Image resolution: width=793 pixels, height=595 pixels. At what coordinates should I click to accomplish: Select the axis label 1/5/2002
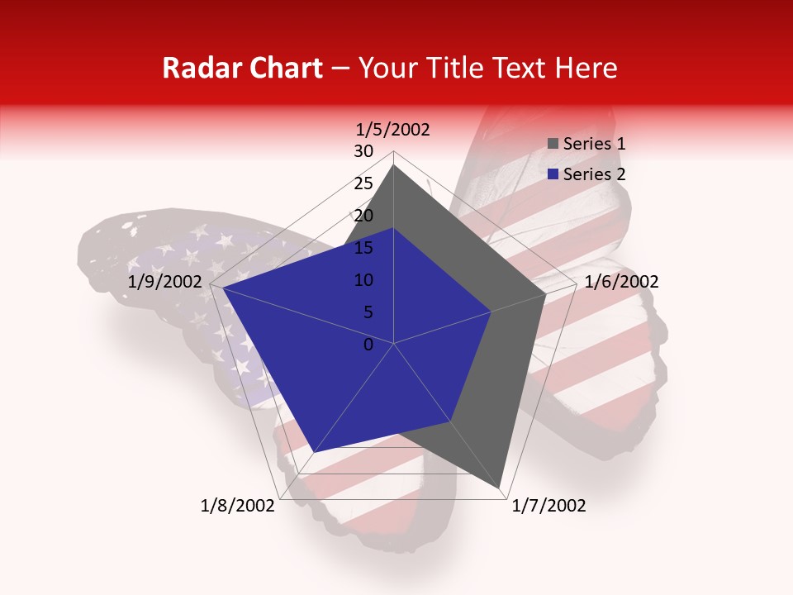(393, 129)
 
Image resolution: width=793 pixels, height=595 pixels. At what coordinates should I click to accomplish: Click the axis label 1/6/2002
(621, 282)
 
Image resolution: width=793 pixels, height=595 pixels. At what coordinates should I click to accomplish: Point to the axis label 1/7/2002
(548, 506)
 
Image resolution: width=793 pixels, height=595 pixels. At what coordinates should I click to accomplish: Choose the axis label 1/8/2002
(238, 506)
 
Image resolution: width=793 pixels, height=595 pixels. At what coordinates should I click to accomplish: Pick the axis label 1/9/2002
(165, 282)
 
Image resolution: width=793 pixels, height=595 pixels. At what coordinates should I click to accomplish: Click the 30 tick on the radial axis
(363, 151)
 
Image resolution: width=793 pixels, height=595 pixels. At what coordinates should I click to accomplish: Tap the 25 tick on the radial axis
(363, 183)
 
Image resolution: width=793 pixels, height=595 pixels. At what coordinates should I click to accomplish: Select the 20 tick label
(363, 216)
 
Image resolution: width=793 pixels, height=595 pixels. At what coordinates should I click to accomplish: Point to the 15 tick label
(363, 248)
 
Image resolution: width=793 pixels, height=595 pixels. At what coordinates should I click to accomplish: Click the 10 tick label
(363, 280)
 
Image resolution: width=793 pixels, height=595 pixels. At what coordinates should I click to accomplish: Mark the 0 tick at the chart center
(368, 345)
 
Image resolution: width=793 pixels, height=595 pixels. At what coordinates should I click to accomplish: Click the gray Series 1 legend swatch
(553, 145)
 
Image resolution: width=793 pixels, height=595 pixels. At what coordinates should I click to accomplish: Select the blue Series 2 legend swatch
(553, 174)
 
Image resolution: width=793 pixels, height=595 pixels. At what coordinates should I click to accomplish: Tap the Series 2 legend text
(594, 174)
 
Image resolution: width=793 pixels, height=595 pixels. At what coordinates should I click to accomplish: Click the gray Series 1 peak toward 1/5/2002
(393, 166)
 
